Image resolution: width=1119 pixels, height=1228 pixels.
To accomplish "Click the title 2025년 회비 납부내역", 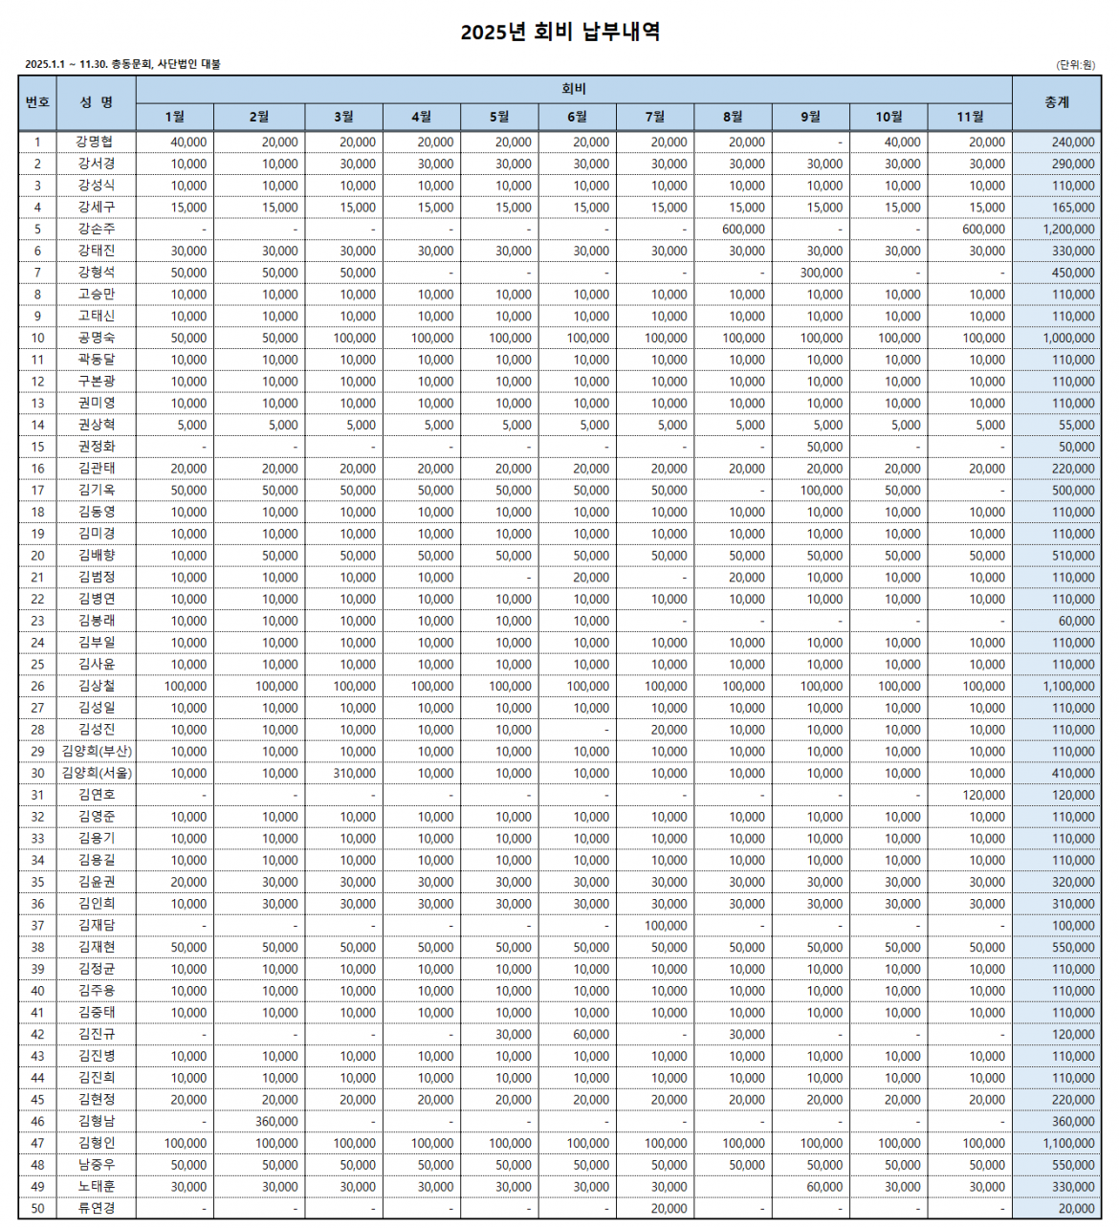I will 559,32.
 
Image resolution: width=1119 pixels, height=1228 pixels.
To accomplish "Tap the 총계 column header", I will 1056,102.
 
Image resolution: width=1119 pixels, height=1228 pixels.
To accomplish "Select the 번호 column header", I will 37,102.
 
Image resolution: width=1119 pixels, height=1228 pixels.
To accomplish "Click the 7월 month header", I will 655,117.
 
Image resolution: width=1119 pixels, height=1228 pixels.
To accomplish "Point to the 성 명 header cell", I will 96,102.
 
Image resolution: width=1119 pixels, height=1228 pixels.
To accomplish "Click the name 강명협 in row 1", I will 96,142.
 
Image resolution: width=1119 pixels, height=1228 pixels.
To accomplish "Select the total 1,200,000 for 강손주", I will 1068,230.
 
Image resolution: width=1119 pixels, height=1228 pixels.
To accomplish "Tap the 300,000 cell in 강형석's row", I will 822,273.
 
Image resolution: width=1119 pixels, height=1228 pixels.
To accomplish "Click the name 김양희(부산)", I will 97,752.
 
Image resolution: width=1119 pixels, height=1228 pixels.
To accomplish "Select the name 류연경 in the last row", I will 97,1209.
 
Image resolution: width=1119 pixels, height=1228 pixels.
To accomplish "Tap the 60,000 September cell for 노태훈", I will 824,1187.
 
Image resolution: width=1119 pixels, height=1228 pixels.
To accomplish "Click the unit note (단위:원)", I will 1075,65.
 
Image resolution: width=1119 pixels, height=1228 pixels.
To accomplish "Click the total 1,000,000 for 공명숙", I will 1068,339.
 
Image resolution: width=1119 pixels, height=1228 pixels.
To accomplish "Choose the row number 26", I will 37,687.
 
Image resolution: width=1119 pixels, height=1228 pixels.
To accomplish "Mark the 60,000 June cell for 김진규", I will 591,1035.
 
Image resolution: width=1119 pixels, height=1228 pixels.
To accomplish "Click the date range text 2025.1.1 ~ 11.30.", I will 65,64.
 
